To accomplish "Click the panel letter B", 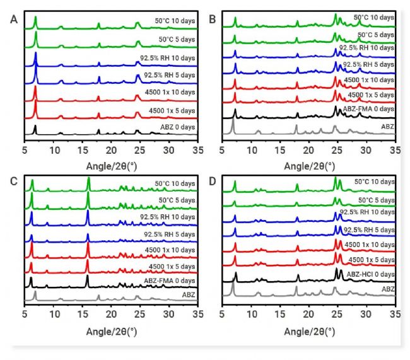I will [x=213, y=20].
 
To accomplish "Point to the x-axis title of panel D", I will [x=308, y=331].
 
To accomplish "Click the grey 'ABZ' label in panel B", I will [x=385, y=125].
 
